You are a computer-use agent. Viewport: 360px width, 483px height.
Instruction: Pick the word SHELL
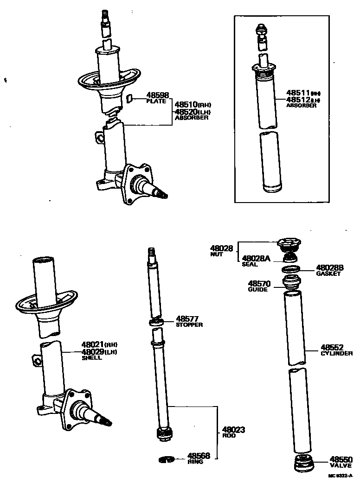[x=91, y=358]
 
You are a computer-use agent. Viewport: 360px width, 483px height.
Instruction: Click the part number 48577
[x=187, y=319]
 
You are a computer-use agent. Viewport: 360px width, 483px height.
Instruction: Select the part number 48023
[x=233, y=430]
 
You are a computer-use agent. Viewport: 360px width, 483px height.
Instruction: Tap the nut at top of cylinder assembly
[x=289, y=243]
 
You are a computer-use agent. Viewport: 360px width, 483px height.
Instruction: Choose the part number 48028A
[x=256, y=258]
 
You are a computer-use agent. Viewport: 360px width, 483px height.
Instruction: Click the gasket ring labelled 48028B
[x=290, y=269]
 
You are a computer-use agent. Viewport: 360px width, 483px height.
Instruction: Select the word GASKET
[x=328, y=274]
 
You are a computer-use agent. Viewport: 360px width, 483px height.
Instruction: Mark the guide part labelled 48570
[x=291, y=282]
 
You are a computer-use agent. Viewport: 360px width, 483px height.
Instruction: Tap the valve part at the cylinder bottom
[x=302, y=463]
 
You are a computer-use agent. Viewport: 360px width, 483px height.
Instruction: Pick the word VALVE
[x=341, y=465]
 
